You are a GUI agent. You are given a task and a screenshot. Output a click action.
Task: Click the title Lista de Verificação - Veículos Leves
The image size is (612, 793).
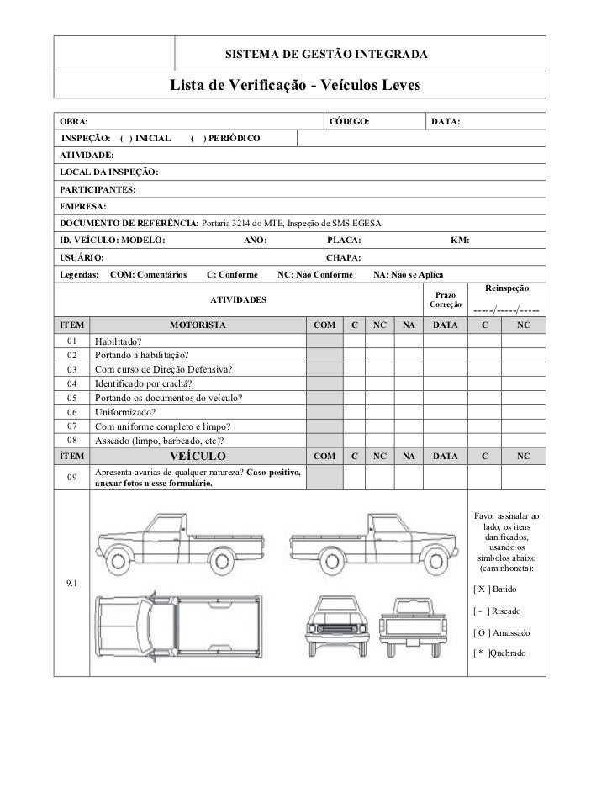tap(294, 87)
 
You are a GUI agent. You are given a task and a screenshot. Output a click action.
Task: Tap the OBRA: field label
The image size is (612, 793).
tap(71, 123)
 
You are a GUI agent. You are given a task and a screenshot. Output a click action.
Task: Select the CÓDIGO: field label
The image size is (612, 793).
tap(347, 123)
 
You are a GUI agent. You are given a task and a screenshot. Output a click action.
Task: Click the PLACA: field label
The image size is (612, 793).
tap(343, 241)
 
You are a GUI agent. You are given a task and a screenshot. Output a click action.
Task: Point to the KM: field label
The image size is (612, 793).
tap(460, 241)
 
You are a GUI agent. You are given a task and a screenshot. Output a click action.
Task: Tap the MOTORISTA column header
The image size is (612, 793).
tap(198, 325)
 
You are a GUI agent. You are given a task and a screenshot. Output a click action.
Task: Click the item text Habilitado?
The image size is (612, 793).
tap(118, 341)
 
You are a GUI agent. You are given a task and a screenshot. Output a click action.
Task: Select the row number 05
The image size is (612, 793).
tap(71, 398)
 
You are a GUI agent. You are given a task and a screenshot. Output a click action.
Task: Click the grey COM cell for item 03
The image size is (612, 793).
tap(324, 370)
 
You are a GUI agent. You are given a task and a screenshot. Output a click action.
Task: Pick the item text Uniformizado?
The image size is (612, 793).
tap(125, 412)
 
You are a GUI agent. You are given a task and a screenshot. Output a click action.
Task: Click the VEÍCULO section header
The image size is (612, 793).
tap(198, 457)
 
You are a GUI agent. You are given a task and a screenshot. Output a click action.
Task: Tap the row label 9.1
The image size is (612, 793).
tap(71, 583)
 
